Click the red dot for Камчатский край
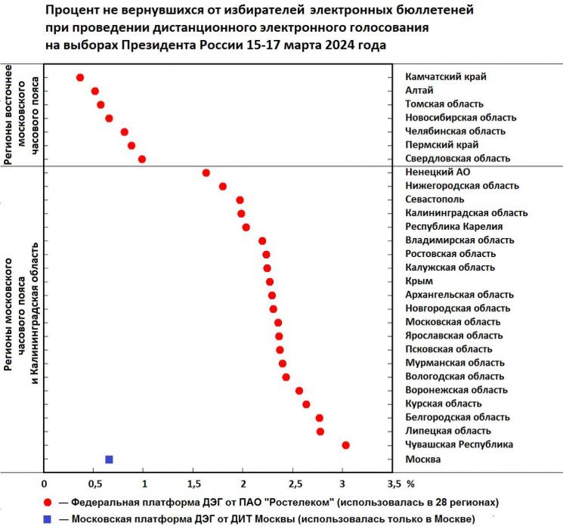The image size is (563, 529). pyautogui.click(x=80, y=77)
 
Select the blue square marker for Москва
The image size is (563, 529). pyautogui.click(x=109, y=459)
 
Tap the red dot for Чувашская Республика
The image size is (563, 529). pyautogui.click(x=345, y=445)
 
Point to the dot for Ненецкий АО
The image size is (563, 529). pyautogui.click(x=206, y=172)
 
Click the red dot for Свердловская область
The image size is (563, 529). pyautogui.click(x=142, y=159)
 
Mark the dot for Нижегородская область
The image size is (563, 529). pyautogui.click(x=222, y=186)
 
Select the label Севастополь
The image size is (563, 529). pyautogui.click(x=437, y=200)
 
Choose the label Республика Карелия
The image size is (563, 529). pyautogui.click(x=454, y=227)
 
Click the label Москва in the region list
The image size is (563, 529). pyautogui.click(x=423, y=459)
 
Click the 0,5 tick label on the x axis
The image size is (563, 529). pyautogui.click(x=94, y=483)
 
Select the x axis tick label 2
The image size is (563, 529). pyautogui.click(x=243, y=483)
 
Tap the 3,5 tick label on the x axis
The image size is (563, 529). pyautogui.click(x=392, y=483)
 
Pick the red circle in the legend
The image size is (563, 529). pyautogui.click(x=48, y=502)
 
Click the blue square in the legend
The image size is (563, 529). pyautogui.click(x=48, y=519)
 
